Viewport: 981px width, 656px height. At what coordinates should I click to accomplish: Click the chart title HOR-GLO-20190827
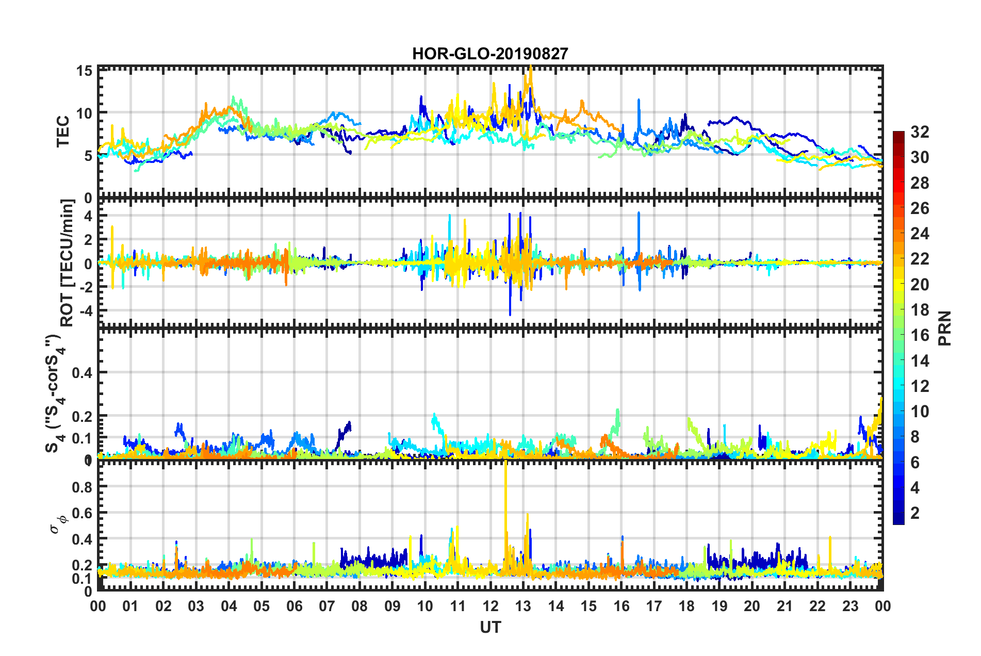(490, 54)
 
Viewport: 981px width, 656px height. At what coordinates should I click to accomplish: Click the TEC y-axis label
(62, 132)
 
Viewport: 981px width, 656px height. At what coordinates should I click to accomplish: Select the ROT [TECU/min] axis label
(68, 263)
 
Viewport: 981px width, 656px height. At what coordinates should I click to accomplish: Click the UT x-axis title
(490, 627)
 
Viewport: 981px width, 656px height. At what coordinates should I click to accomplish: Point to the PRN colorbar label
(944, 329)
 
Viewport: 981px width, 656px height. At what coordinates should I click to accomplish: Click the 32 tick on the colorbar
(919, 132)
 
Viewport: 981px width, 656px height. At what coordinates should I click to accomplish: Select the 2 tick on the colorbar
(915, 513)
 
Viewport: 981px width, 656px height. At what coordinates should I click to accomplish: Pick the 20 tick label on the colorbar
(919, 284)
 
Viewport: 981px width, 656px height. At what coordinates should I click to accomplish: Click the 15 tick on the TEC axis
(85, 71)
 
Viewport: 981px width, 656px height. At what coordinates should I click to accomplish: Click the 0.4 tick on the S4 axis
(82, 372)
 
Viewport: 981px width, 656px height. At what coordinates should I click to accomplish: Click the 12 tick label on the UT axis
(490, 606)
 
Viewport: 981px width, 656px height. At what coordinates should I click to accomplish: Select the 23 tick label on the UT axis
(850, 606)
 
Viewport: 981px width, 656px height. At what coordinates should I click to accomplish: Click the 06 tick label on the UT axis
(294, 606)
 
